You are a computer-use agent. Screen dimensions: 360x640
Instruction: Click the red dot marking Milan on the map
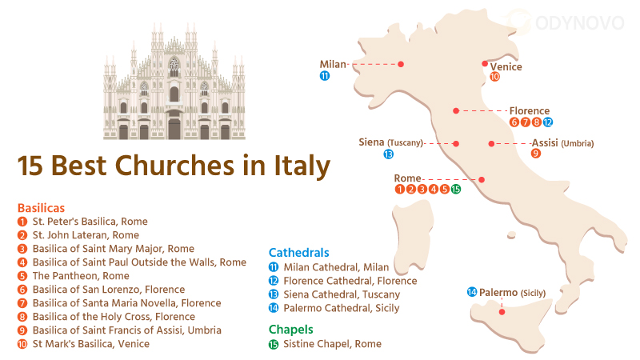[x=401, y=64]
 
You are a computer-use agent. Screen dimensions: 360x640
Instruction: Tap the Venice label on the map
[x=506, y=67]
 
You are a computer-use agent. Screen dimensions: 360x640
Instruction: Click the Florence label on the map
[x=529, y=111]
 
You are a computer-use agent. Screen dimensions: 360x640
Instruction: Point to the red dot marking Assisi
[x=491, y=144]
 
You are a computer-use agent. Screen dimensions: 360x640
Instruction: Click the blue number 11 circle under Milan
[x=324, y=76]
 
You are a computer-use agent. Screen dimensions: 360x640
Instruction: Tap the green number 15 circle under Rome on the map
[x=455, y=190]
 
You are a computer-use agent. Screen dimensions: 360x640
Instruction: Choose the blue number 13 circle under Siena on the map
[x=388, y=154]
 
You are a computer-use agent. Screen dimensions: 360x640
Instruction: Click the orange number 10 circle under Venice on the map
[x=494, y=78]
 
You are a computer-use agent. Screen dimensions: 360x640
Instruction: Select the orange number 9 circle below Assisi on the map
[x=535, y=154]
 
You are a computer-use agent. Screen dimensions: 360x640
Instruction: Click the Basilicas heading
[x=41, y=207]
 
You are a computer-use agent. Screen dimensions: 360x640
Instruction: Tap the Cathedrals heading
[x=298, y=253]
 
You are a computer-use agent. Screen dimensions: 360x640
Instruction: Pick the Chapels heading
[x=292, y=329]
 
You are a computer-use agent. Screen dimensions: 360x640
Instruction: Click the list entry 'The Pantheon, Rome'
[x=80, y=275]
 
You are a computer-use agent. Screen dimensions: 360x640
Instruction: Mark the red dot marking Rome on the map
[x=482, y=179]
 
